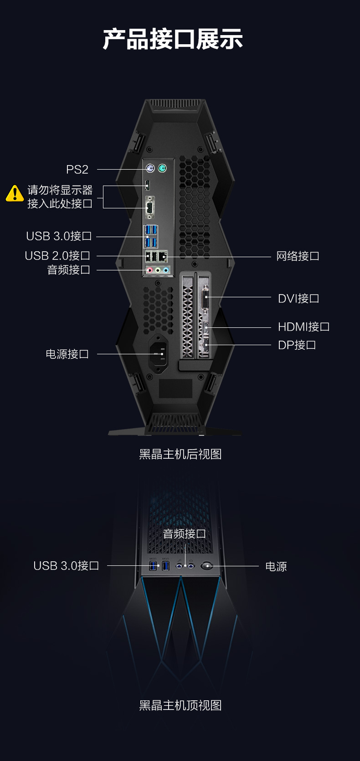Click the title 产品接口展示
[x=173, y=39]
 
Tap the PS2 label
[x=77, y=169]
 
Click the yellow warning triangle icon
[x=15, y=193]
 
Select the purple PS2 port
[x=150, y=168]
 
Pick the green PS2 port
[x=162, y=168]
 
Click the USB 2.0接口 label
[x=57, y=255]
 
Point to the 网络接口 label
[x=298, y=256]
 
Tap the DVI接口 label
[x=298, y=298]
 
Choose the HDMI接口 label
[x=303, y=326]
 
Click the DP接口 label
[x=297, y=345]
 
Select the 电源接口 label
[x=67, y=354]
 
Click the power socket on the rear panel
[x=158, y=354]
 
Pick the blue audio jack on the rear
[x=166, y=270]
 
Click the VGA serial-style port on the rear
[x=150, y=207]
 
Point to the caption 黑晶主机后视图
[x=180, y=454]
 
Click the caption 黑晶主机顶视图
[x=180, y=705]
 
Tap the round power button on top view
[x=207, y=566]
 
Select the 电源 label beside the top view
[x=276, y=566]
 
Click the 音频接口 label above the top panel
[x=184, y=534]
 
